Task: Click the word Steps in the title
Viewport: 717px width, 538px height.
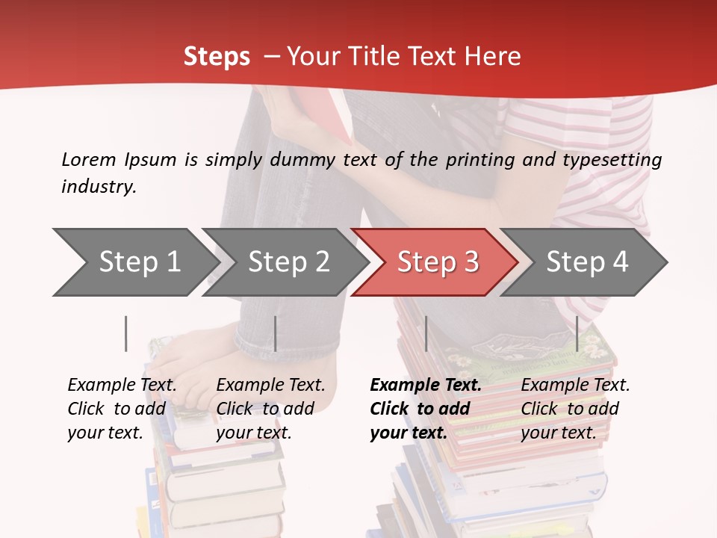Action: click(x=217, y=56)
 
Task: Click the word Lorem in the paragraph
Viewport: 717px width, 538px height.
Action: click(x=88, y=159)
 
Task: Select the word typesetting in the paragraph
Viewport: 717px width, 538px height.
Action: click(x=611, y=159)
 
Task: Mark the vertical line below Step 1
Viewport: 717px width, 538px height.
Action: click(x=126, y=333)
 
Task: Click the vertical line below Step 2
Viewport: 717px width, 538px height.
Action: click(x=276, y=333)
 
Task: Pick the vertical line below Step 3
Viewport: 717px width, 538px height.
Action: click(x=426, y=333)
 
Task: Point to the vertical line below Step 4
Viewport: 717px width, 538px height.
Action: click(x=577, y=333)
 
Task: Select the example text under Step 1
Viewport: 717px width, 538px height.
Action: click(x=122, y=408)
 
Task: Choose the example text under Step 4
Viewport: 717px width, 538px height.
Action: click(x=575, y=408)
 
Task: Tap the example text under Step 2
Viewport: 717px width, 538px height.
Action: click(x=270, y=408)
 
